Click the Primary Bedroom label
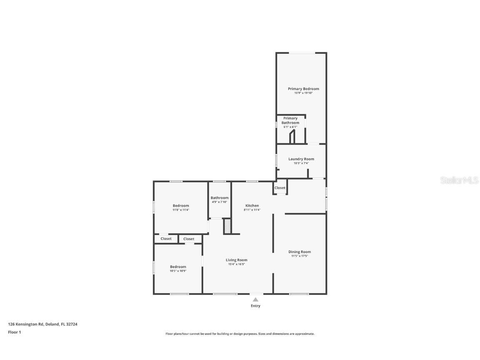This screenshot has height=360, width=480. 303,89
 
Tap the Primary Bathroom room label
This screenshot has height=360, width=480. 290,120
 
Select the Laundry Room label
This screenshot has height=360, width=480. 301,159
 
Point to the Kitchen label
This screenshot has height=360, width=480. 252,205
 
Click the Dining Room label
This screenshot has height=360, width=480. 300,252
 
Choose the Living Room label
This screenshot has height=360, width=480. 236,260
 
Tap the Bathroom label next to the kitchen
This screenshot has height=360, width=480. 219,197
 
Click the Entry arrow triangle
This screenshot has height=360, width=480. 255,300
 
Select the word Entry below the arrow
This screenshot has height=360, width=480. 255,306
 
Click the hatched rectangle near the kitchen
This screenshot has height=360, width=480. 227,226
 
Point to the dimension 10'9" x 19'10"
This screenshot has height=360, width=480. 303,93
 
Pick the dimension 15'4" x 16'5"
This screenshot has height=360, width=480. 236,264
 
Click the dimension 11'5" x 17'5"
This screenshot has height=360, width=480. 300,256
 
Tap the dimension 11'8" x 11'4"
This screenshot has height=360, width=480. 181,210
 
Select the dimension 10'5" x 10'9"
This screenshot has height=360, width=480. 178,271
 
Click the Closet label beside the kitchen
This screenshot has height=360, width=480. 280,188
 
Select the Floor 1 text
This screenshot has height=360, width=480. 14,332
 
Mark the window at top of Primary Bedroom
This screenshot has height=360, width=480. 302,52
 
